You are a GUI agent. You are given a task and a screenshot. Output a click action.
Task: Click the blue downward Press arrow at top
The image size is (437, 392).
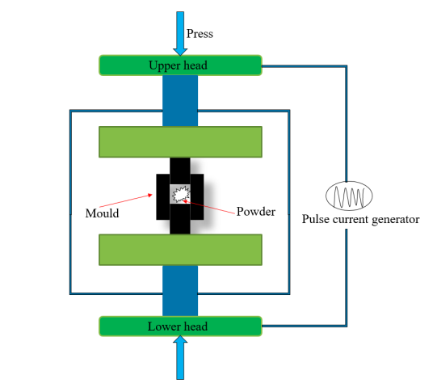click(x=180, y=33)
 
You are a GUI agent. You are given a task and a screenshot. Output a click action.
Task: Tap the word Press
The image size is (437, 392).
click(x=200, y=34)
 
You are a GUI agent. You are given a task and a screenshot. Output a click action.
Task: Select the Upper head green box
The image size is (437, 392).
click(x=180, y=65)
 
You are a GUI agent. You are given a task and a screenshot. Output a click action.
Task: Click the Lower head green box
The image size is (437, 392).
click(x=180, y=327)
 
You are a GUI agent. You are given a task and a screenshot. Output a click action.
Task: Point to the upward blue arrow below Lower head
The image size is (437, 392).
click(x=180, y=357)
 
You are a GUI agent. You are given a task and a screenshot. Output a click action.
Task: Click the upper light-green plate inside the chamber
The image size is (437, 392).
click(x=180, y=142)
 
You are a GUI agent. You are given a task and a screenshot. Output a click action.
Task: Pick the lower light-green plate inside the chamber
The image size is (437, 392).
click(x=180, y=250)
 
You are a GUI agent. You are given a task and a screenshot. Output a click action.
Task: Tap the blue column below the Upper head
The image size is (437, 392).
click(x=180, y=101)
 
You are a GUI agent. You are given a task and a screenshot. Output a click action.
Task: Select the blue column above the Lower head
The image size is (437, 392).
click(x=180, y=291)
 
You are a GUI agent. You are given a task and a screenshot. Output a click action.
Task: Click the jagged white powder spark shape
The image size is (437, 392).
click(x=180, y=194)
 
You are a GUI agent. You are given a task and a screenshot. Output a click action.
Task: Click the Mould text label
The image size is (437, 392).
click(x=102, y=213)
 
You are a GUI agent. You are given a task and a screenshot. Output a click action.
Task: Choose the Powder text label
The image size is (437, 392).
click(x=256, y=211)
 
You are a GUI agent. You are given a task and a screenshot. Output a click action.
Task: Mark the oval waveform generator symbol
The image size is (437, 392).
click(x=349, y=196)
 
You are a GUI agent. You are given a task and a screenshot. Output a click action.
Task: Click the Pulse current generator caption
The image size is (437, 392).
click(x=360, y=219)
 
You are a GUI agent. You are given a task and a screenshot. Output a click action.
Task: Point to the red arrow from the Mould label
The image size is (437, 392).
click(x=126, y=200)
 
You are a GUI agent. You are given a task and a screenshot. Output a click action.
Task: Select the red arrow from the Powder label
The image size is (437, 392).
click(x=208, y=207)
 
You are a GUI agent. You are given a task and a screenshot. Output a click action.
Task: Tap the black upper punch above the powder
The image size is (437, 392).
click(x=180, y=171)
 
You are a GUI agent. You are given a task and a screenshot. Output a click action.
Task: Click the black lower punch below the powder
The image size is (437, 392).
click(x=180, y=219)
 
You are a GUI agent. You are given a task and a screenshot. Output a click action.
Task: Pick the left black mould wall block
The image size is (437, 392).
click(x=163, y=197)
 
